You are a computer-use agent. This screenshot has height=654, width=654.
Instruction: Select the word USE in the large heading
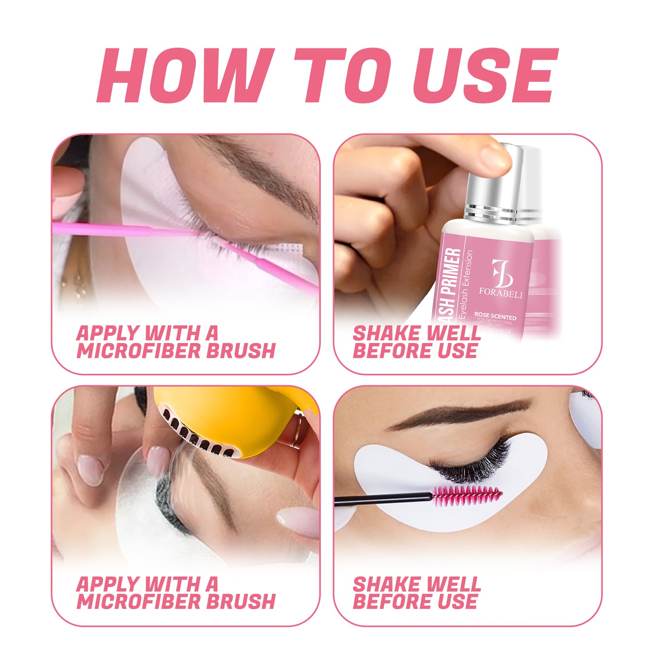point(484,76)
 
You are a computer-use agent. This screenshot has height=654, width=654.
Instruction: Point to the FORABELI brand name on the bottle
point(501,294)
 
